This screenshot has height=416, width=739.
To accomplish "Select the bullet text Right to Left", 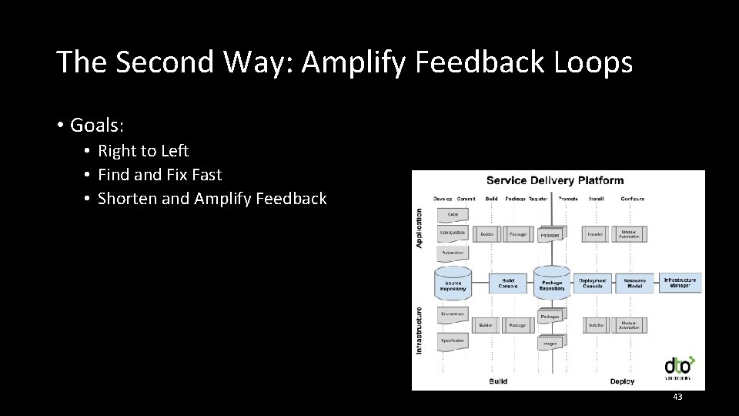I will pyautogui.click(x=143, y=151).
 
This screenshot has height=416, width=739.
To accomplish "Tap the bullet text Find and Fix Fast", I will pyautogui.click(x=159, y=175).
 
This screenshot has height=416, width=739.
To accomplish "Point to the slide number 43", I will pyautogui.click(x=677, y=396).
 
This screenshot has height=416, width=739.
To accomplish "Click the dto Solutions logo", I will pyautogui.click(x=678, y=367).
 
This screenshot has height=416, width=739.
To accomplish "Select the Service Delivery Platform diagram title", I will pyautogui.click(x=554, y=181).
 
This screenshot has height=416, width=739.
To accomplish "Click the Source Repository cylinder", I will pyautogui.click(x=453, y=283).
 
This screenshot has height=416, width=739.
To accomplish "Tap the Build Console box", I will pyautogui.click(x=508, y=283).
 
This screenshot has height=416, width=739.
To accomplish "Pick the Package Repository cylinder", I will pyautogui.click(x=552, y=283).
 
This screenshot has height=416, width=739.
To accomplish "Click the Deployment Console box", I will pyautogui.click(x=593, y=283).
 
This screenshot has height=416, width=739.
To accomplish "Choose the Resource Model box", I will pyautogui.click(x=634, y=283).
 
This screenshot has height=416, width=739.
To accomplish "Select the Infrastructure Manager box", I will pyautogui.click(x=680, y=283).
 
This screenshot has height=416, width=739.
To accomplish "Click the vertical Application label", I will pyautogui.click(x=420, y=226).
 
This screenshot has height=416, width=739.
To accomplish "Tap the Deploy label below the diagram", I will pyautogui.click(x=622, y=381).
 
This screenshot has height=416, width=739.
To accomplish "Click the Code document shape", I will pyautogui.click(x=453, y=214).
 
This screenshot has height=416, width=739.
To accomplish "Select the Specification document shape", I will pyautogui.click(x=453, y=341).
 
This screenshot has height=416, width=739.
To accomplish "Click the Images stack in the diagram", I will pyautogui.click(x=550, y=343).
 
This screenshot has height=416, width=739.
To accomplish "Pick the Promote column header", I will pyautogui.click(x=568, y=199).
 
